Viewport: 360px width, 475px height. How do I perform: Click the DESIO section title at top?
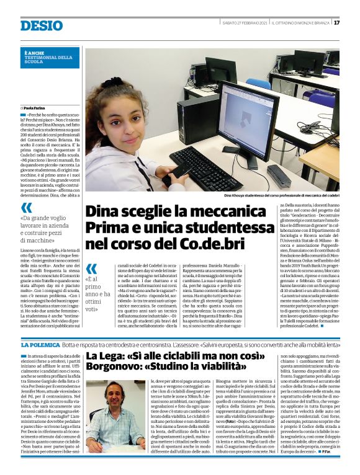(40, 25)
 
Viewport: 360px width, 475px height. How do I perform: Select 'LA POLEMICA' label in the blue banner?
(40, 344)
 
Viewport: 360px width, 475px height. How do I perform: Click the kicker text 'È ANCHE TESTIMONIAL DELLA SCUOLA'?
(43, 58)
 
